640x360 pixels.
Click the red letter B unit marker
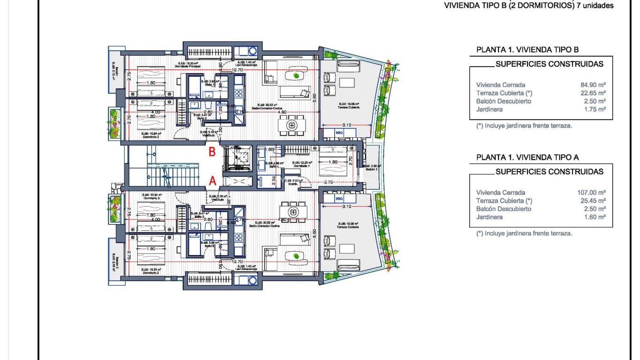point(212,152)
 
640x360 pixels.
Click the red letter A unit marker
point(212,180)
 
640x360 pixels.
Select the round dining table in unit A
point(293,210)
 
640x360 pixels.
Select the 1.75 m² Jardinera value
point(595,109)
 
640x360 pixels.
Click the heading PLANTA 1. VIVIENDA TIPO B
point(528,49)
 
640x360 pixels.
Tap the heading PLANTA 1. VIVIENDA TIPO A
point(528,157)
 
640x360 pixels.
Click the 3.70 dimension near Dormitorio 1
point(328,182)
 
